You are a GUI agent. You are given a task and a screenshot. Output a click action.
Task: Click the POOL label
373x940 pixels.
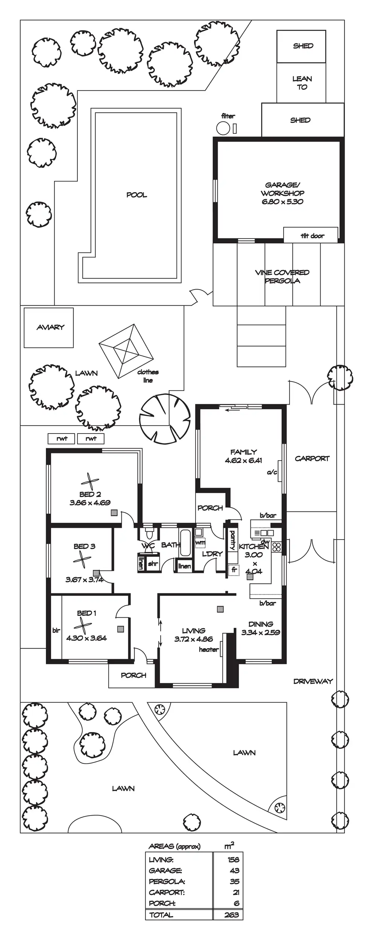pos(136,195)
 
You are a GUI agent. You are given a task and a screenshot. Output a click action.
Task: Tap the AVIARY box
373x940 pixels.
pos(49,327)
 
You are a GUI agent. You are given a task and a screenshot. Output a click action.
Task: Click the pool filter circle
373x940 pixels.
pos(223,128)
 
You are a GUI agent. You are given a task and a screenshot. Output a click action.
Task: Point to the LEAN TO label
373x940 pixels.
pos(302,83)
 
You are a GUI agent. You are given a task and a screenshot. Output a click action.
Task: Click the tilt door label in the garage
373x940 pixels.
pos(312,236)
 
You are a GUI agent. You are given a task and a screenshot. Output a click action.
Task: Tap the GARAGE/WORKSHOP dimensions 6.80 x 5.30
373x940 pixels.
pos(282,202)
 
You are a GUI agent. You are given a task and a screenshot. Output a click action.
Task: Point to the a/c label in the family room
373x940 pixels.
pos(272,472)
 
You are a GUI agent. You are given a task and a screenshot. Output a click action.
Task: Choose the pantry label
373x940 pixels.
pos(232,540)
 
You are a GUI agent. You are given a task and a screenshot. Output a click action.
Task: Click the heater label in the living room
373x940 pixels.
pos(209,649)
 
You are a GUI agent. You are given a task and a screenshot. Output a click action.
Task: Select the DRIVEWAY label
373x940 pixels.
pos(313,681)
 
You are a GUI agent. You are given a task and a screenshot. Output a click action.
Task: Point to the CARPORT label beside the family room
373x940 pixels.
pos(312,458)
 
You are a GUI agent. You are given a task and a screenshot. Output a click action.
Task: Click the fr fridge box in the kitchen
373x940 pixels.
pos(234,570)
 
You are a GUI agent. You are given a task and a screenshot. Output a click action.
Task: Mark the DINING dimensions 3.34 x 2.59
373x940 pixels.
pos(261,632)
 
